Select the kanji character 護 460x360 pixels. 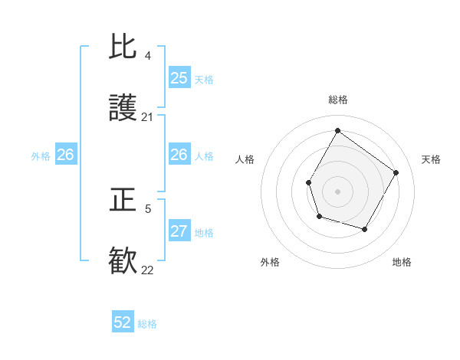coord(123,109)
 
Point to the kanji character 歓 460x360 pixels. coord(123,261)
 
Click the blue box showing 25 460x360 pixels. coord(179,77)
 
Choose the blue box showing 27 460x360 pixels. coord(179,231)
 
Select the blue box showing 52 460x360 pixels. coord(123,322)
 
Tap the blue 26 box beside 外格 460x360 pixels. coord(65,155)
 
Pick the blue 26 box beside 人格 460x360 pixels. coord(179,155)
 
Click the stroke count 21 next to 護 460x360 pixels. coord(148,117)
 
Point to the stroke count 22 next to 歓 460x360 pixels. coord(148,270)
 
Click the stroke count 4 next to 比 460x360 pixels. coord(148,56)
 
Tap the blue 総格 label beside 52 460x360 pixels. coord(147,324)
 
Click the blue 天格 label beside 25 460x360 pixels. coord(203,79)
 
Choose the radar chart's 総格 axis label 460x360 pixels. coord(337,100)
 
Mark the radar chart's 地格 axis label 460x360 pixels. coord(402,262)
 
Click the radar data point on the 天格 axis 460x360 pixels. coord(396,172)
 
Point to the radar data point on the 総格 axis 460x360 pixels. coord(337,130)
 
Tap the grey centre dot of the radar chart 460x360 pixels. coord(337,191)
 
